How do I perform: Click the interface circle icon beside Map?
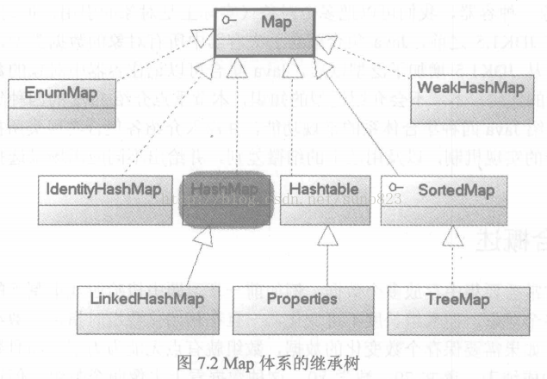click(x=226, y=19)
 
